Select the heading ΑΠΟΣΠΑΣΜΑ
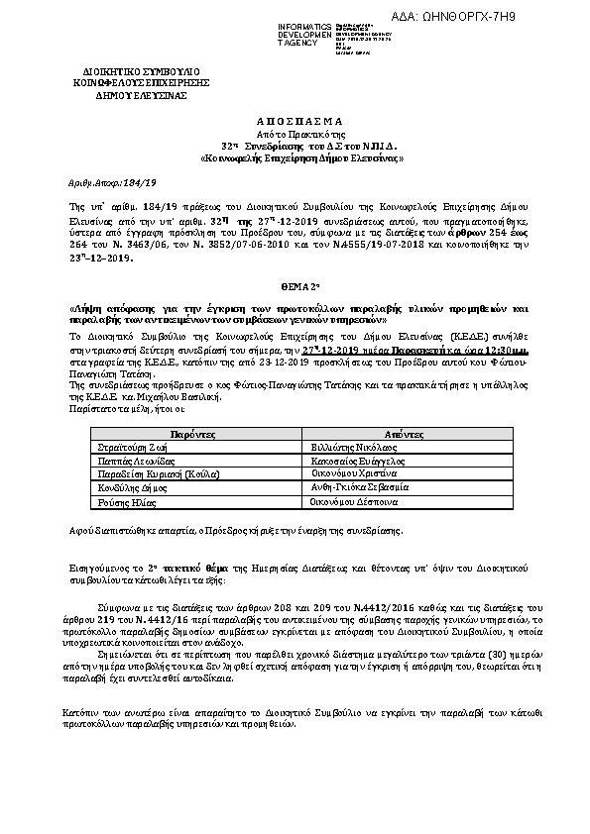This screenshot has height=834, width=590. (x=296, y=116)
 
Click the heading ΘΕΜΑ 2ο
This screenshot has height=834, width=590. (x=296, y=279)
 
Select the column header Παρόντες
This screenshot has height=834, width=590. (x=185, y=434)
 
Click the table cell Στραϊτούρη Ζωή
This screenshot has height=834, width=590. (x=130, y=448)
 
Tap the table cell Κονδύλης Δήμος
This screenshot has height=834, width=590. (x=128, y=489)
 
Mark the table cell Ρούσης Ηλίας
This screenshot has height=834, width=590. (x=118, y=503)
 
